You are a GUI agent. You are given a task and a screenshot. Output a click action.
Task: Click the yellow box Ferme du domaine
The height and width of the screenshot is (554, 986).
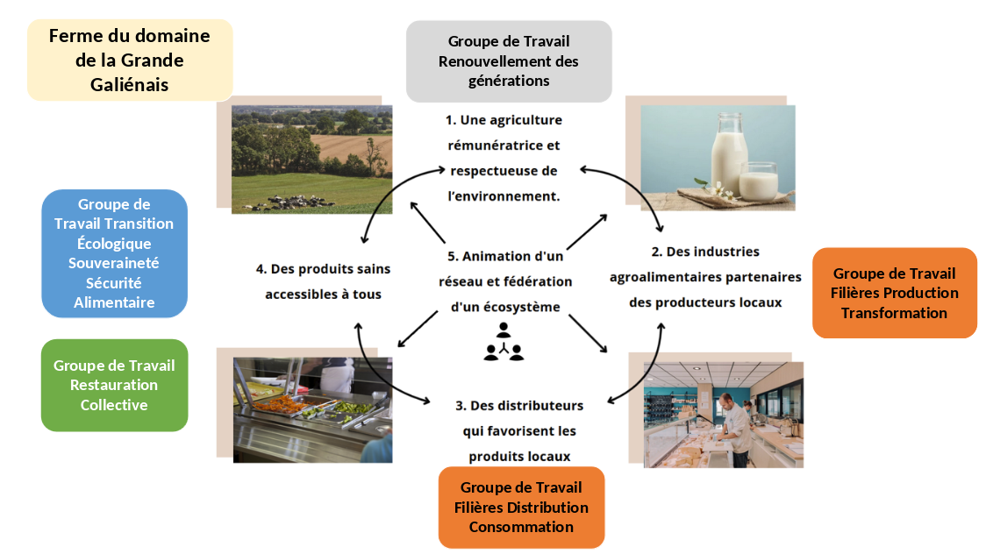coord(130,60)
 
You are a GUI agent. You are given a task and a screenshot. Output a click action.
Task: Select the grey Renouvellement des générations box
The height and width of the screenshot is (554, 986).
coord(509,61)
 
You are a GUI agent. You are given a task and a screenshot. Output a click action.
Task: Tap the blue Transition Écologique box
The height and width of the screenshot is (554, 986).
coord(114,253)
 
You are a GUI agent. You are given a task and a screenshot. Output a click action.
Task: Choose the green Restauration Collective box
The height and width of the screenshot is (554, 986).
coord(114,385)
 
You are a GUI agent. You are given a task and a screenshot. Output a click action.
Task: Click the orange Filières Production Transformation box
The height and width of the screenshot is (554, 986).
coord(894,293)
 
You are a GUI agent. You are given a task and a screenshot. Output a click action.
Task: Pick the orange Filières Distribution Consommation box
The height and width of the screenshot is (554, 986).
coord(521,507)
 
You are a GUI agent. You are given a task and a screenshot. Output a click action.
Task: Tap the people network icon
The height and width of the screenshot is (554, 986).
coord(504,342)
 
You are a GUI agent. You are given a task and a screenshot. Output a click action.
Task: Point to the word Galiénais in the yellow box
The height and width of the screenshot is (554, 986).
coord(130,85)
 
